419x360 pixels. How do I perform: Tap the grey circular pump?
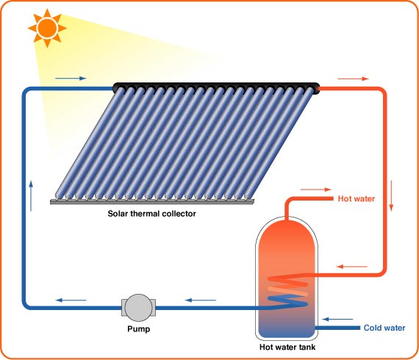click(137, 306)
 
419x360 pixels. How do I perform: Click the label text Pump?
click(137, 328)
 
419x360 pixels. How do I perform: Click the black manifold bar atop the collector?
click(217, 89)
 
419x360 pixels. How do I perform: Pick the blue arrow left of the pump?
click(71, 299)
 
